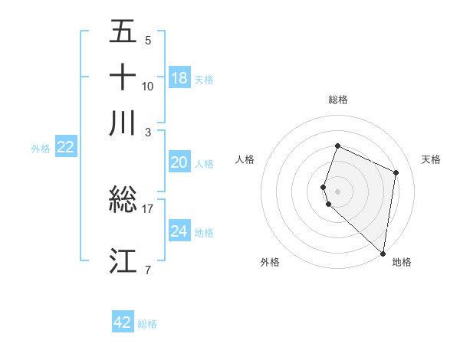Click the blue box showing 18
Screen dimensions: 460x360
(x=179, y=78)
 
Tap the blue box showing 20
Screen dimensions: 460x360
(x=179, y=162)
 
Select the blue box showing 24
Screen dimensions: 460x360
(x=179, y=231)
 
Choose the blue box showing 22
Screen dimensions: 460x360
(x=65, y=147)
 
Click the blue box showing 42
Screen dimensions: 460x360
(x=123, y=322)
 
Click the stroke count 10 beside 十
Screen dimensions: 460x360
(x=148, y=86)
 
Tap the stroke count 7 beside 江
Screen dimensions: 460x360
(x=148, y=270)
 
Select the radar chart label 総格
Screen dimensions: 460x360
(x=337, y=100)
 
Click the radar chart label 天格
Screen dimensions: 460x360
(x=431, y=159)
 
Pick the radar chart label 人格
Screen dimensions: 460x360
(x=245, y=159)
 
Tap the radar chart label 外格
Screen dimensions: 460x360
(x=270, y=262)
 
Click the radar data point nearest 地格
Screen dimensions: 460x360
(x=383, y=254)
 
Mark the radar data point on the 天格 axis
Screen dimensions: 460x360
(x=396, y=172)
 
